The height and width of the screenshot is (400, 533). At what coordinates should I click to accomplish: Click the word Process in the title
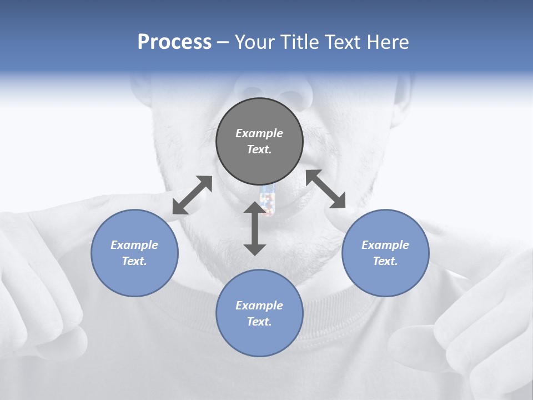click(174, 42)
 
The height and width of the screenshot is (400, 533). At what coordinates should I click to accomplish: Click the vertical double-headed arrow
click(255, 228)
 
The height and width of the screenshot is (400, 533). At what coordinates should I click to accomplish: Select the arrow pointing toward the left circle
click(192, 195)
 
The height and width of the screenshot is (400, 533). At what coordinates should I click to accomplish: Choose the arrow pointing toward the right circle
click(326, 189)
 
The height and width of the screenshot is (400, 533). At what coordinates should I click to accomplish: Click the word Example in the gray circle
click(259, 133)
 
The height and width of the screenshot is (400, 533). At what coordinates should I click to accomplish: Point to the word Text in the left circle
click(134, 261)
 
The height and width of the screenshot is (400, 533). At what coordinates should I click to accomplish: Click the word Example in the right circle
click(385, 245)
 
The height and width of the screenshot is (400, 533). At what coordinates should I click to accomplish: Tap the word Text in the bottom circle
click(259, 322)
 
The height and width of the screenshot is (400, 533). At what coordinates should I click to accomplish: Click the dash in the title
click(223, 43)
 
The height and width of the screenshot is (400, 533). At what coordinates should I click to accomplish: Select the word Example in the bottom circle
click(259, 306)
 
